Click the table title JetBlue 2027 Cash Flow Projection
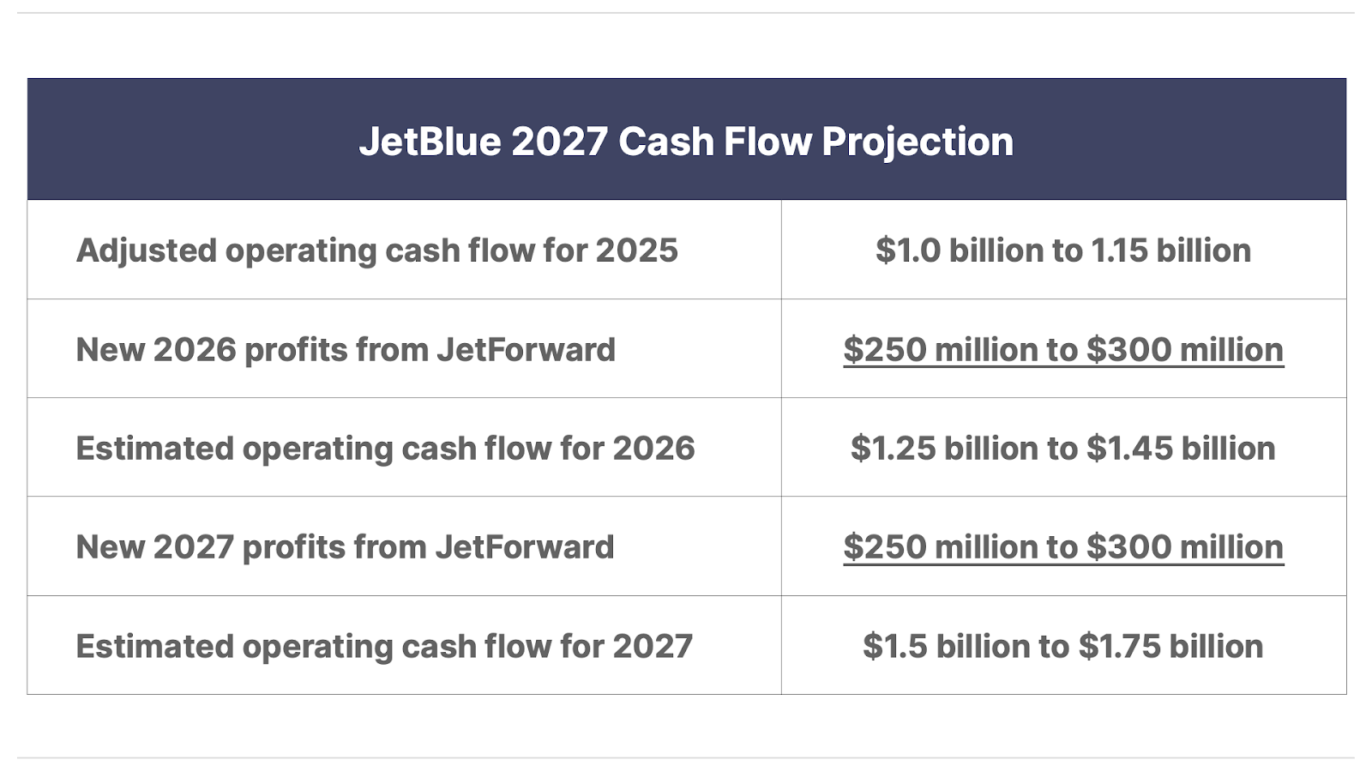pos(686,142)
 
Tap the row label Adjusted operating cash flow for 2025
pos(376,250)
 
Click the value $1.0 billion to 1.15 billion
pos(1063,250)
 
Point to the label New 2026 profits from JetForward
pos(346,350)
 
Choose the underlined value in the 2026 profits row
pos(1063,350)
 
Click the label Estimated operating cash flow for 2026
pos(385,449)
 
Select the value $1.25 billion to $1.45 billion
pos(1063,449)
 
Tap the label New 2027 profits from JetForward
pos(345,547)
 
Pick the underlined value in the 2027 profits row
pos(1063,547)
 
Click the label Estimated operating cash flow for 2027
pos(384,647)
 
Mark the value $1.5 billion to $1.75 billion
pos(1063,647)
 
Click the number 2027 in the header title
pos(559,142)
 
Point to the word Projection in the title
pos(918,143)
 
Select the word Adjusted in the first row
pos(147,250)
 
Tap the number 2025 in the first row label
pos(637,250)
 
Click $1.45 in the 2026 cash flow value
pos(1129,449)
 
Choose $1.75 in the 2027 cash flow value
pos(1120,647)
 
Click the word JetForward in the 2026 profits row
pos(527,349)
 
